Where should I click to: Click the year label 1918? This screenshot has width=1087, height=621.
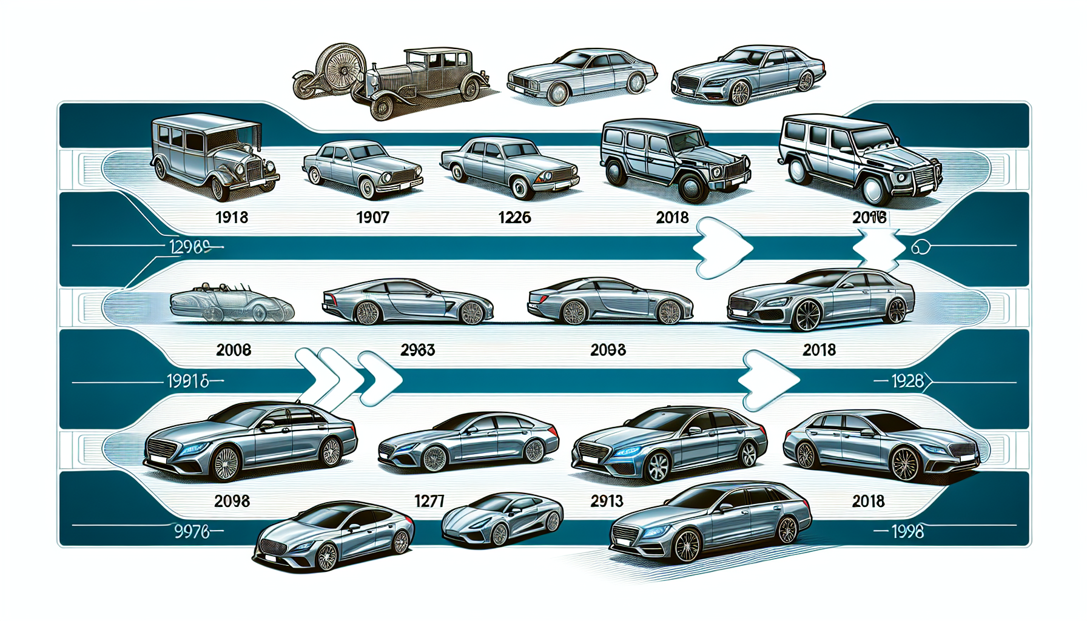coord(232,217)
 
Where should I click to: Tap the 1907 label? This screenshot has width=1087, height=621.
coord(372,217)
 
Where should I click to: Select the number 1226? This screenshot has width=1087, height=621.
coord(514,217)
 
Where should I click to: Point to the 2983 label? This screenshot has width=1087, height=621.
coord(417,350)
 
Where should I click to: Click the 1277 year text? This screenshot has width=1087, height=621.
coord(429,501)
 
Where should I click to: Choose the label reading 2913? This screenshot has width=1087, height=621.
coord(607,501)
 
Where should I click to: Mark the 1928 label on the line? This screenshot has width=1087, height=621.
coord(907,381)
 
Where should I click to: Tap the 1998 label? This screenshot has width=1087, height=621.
coord(907,532)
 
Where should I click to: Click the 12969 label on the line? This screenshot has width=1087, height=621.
coord(189,247)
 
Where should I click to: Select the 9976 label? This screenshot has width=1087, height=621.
coord(192,532)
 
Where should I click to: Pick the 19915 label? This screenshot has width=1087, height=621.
coord(188,381)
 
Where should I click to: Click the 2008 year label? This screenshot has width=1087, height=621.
coord(234,350)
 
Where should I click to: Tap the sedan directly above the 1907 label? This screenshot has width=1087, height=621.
coord(363,169)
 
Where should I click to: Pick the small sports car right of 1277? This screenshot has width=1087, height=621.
coord(502,519)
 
